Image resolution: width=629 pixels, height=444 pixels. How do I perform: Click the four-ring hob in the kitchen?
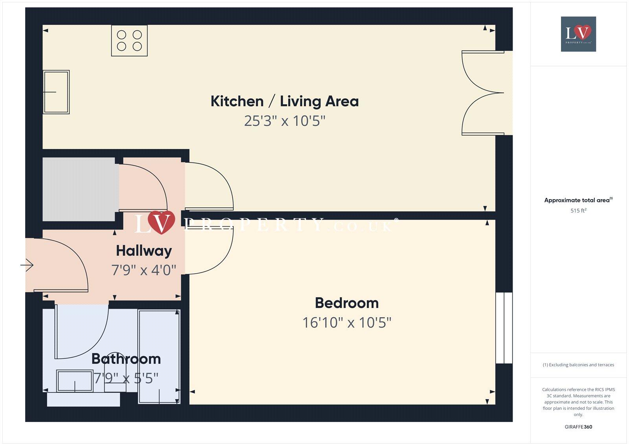tap(129, 41)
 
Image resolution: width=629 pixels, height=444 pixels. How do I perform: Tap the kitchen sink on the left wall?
tap(56, 92)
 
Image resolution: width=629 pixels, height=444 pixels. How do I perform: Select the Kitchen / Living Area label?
tap(285, 101)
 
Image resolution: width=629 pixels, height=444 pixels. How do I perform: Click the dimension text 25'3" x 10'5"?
tap(285, 121)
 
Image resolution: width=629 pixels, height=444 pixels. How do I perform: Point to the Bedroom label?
tap(347, 303)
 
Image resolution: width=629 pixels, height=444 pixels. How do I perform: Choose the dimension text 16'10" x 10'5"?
tap(347, 323)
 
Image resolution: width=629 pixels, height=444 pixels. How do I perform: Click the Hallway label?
tap(144, 251)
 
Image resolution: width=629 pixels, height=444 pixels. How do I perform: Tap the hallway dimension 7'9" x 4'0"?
tap(144, 270)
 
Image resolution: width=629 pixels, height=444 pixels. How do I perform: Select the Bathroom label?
tap(126, 359)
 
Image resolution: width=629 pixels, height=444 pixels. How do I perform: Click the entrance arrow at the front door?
tap(27, 265)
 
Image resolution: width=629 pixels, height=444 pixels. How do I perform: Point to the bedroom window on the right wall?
tap(504, 328)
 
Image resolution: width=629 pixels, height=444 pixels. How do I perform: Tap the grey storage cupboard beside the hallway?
tap(79, 189)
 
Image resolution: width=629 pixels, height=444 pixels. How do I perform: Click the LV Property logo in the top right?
tap(578, 34)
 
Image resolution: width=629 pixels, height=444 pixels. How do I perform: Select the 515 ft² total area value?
tap(578, 211)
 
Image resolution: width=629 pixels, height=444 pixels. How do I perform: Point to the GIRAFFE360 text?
tap(578, 427)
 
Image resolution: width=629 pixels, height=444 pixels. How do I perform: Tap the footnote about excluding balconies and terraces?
tap(578, 365)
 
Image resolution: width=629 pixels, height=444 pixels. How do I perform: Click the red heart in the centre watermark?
tap(161, 222)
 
